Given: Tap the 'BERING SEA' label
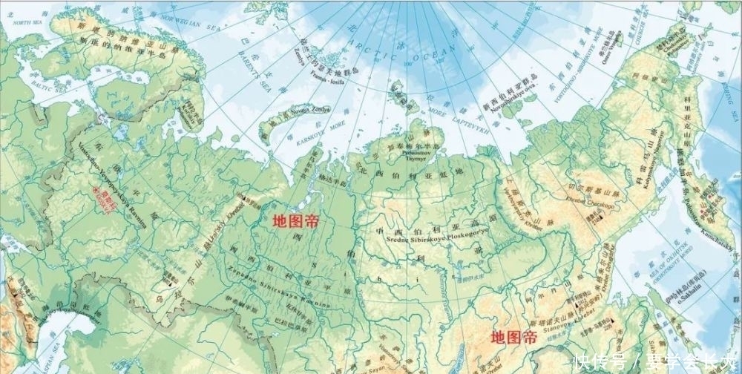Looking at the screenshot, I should (723, 93).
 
